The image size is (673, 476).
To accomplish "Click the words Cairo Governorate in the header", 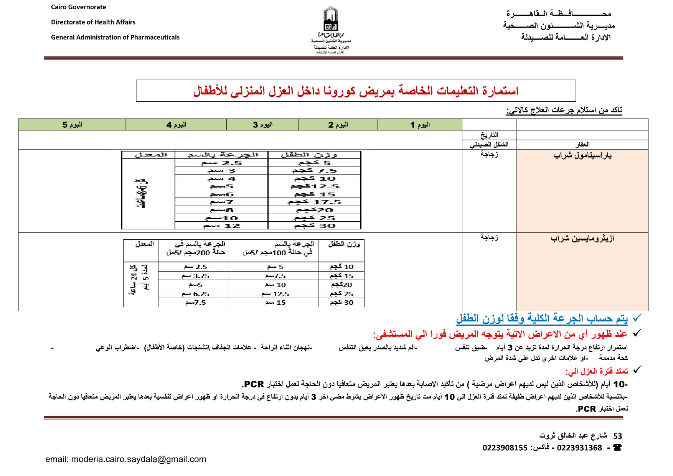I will [x=79, y=7].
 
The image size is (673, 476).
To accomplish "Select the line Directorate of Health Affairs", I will [x=93, y=22].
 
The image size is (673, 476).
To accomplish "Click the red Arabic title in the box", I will [x=356, y=91].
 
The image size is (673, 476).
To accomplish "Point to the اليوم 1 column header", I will [x=420, y=125].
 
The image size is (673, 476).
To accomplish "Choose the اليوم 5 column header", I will [x=72, y=125].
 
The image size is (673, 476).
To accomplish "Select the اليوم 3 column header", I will [x=262, y=125].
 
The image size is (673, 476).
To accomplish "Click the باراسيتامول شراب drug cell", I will [x=582, y=156].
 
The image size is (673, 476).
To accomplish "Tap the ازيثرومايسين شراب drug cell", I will [x=582, y=239].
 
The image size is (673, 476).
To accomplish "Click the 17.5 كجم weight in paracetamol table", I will [x=314, y=202].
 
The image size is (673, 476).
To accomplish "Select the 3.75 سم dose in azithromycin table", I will [x=193, y=276].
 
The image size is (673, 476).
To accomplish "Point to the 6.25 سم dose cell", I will [x=193, y=294].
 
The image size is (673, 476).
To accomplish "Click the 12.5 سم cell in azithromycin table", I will [x=273, y=294].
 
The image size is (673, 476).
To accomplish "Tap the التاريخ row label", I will [x=489, y=135].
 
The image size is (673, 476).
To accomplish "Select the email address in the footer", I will [x=125, y=459].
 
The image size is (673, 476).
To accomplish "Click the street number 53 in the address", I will [x=617, y=436].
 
